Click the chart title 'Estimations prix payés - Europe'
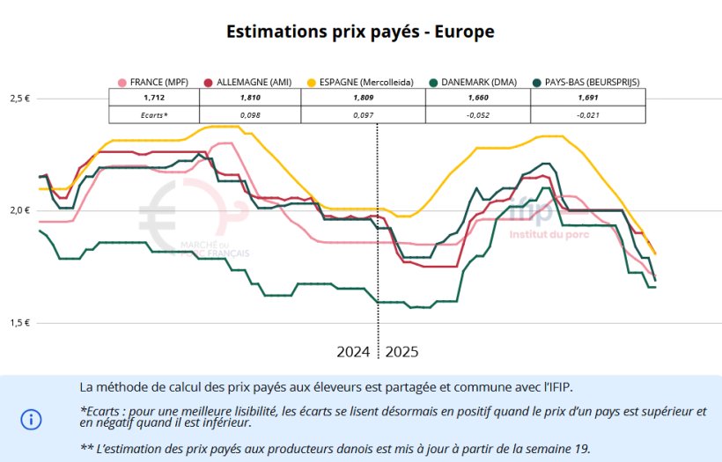(x=360, y=32)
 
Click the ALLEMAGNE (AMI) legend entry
(x=249, y=82)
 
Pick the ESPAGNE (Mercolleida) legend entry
(x=361, y=82)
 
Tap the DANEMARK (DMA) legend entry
(x=478, y=82)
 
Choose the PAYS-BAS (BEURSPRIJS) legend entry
(x=587, y=82)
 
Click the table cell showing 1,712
(x=154, y=98)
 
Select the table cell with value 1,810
(x=250, y=98)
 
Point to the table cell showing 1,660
(x=478, y=98)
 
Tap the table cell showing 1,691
(x=588, y=98)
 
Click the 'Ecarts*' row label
(x=154, y=114)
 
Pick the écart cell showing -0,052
(x=478, y=114)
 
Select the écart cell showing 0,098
(x=250, y=114)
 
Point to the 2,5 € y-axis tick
(x=21, y=99)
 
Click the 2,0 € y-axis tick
(x=21, y=210)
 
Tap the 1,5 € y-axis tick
(x=21, y=323)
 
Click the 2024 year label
(x=353, y=352)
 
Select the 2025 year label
(x=402, y=352)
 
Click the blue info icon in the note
(x=31, y=419)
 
